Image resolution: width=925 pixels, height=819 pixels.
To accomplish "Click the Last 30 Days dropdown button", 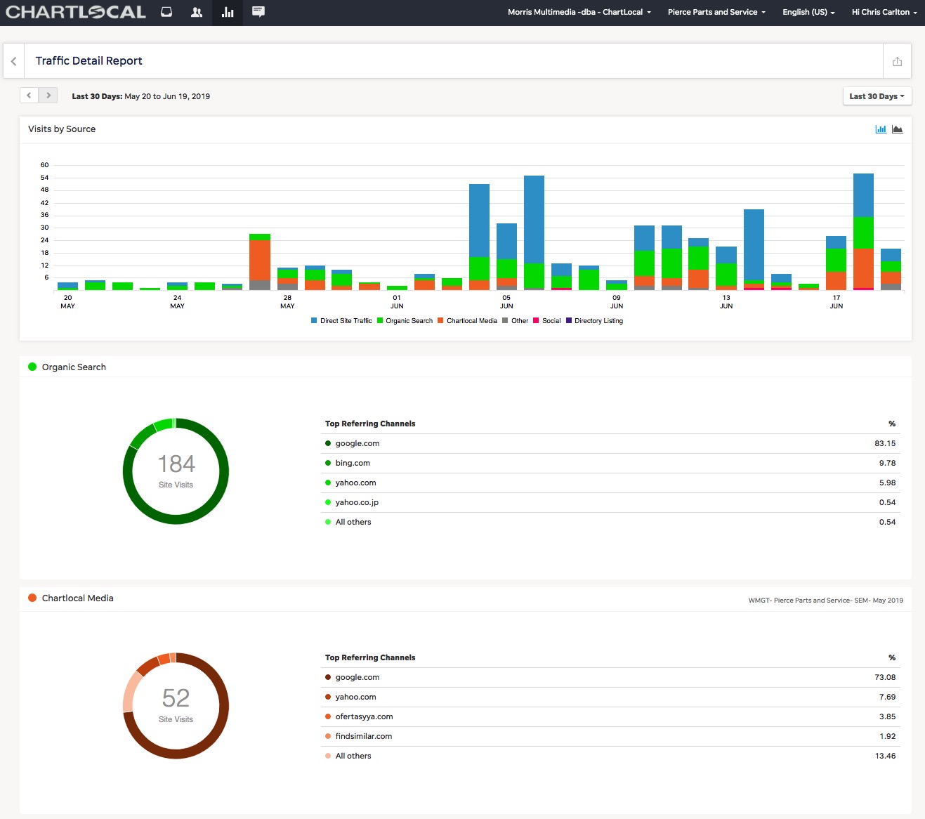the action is point(877,96).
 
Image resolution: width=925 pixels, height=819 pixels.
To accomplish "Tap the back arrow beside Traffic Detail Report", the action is point(14,61).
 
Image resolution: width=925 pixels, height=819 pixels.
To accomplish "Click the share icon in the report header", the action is point(897,61).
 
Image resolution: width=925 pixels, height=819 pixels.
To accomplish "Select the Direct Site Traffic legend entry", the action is point(341,321).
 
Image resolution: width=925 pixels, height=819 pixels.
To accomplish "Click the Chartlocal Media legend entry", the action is point(467,321).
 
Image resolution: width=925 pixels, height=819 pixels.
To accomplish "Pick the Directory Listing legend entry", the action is point(594,321).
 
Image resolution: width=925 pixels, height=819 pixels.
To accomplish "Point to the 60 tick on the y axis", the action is point(44,165).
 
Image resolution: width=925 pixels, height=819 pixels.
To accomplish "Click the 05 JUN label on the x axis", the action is point(506,302).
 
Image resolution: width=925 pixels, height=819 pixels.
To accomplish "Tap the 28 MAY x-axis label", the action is point(287,302).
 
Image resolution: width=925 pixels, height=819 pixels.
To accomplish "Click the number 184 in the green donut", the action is point(176,464).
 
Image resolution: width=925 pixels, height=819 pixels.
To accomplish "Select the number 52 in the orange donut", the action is point(176,698).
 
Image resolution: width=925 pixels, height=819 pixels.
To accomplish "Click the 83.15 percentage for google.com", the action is point(885,443).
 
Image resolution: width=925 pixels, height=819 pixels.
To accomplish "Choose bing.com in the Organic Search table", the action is point(353,463).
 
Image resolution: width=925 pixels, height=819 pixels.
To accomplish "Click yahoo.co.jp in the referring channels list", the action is point(357,502).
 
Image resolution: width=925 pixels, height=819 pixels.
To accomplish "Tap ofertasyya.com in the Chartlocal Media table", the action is point(364,716).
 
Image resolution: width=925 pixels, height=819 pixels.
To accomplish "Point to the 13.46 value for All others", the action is point(885,756).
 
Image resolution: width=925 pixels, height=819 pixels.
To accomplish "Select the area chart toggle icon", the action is point(897,129).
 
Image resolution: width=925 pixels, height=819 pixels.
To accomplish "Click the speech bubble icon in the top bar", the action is point(258,11).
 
